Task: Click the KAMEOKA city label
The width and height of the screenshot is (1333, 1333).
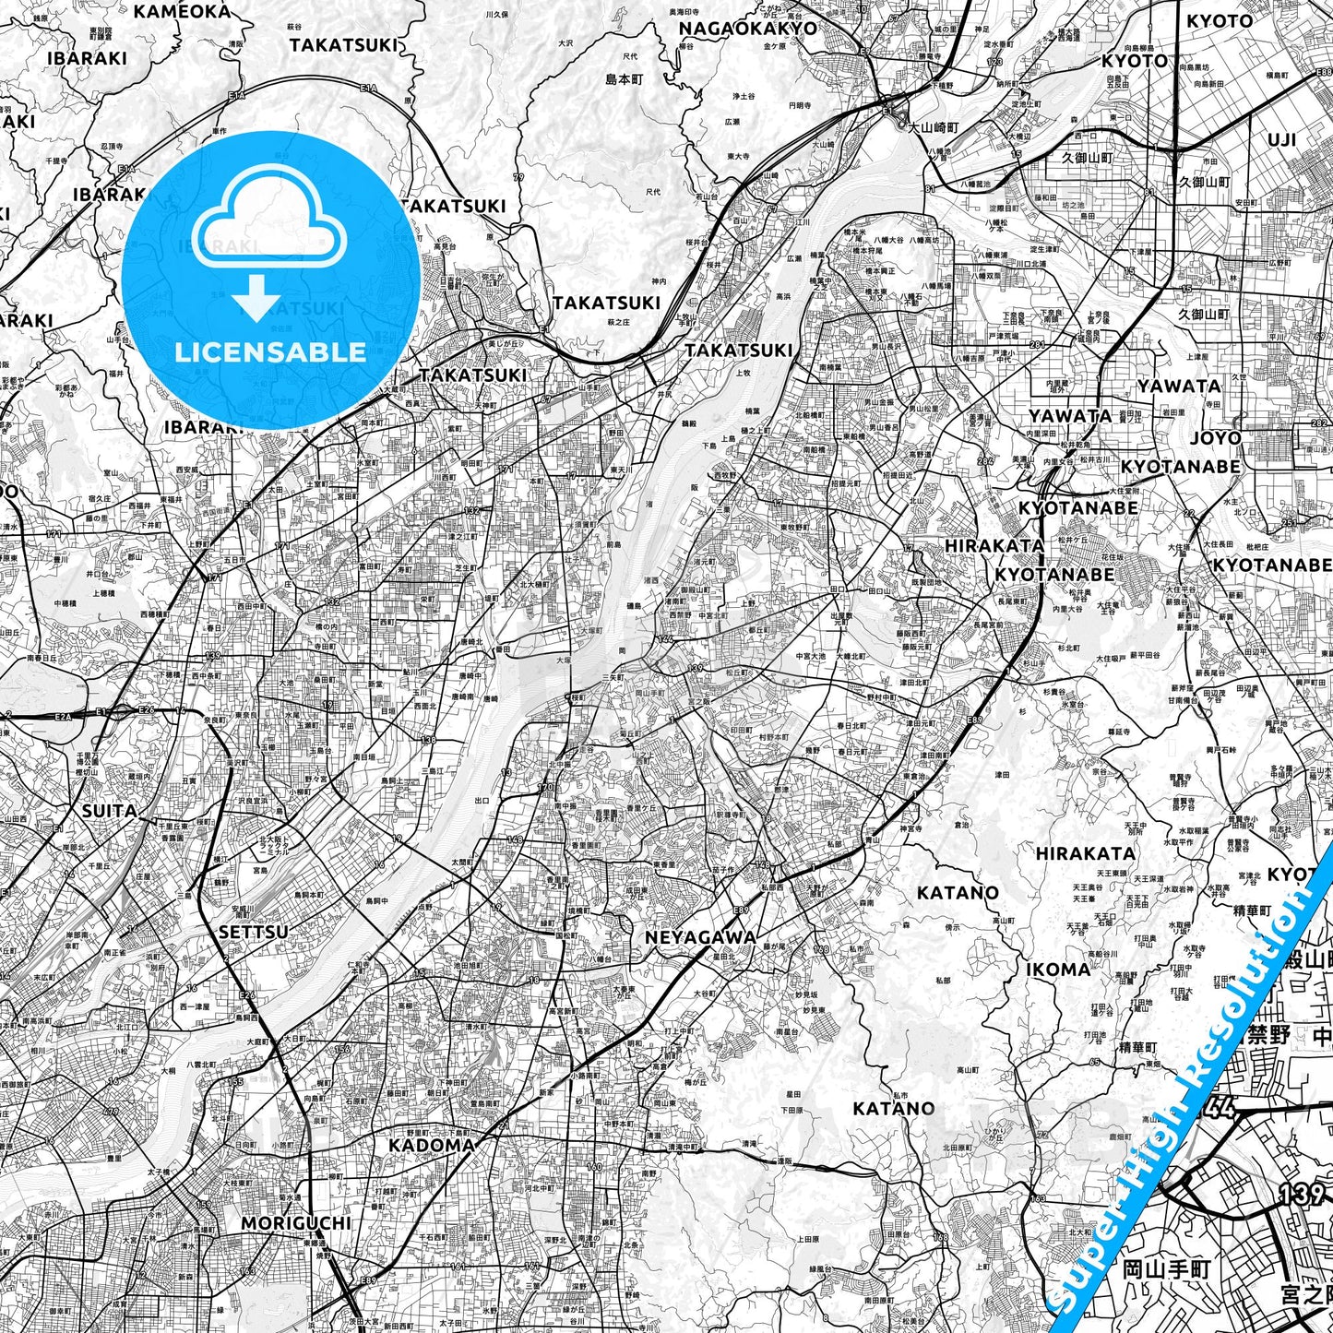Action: tap(182, 11)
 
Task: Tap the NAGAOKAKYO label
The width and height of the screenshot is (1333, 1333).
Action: tap(748, 28)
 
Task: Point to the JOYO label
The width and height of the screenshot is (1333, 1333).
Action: tap(1215, 436)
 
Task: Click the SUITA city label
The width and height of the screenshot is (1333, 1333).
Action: tap(109, 811)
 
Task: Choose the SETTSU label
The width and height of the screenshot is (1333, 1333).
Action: tap(253, 932)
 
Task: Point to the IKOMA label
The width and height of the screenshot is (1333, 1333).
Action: tap(1058, 970)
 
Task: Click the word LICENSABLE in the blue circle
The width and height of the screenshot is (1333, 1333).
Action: tap(270, 351)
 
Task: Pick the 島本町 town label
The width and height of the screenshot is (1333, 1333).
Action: tap(624, 79)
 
